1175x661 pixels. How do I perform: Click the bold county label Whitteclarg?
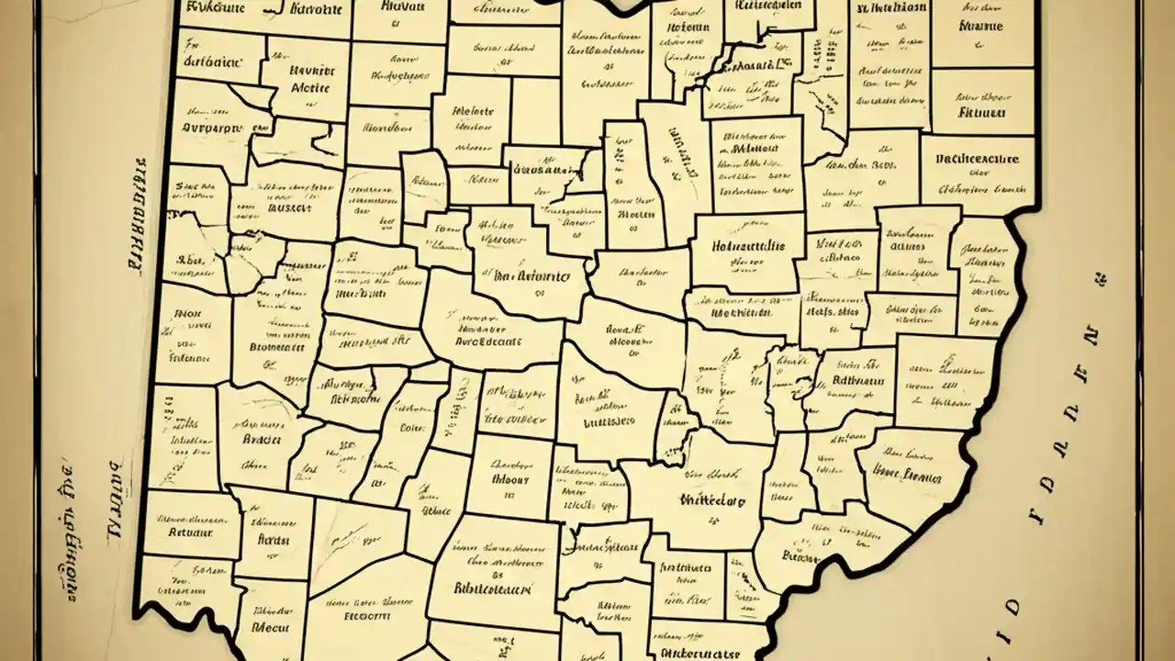coord(712,501)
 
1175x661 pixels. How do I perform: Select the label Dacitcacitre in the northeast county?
coord(977,159)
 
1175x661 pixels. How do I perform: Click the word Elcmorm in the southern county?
coord(367,616)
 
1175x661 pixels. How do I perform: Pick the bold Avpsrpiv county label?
coord(213,129)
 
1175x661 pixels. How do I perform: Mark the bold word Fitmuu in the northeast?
coord(981,113)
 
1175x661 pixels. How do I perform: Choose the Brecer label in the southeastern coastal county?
coord(801,555)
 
